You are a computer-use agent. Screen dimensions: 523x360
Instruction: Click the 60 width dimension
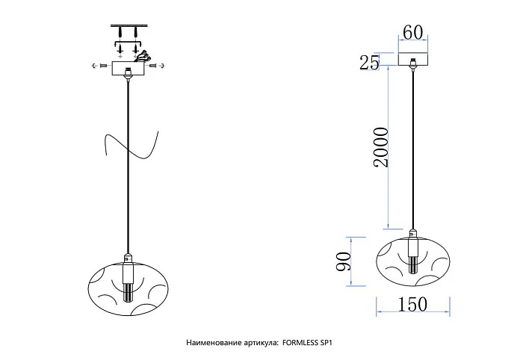tap(412, 32)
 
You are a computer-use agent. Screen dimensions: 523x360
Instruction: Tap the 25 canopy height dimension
tap(370, 62)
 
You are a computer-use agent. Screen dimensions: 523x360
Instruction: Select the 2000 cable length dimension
tap(381, 147)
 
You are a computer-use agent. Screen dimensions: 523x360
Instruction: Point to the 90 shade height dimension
tap(344, 261)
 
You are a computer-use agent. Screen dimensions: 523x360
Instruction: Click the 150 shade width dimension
tap(412, 304)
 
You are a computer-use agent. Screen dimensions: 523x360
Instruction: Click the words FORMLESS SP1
tap(307, 342)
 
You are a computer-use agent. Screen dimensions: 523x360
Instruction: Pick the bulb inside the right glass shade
tap(413, 264)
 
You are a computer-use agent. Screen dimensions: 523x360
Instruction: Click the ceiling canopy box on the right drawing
tap(413, 59)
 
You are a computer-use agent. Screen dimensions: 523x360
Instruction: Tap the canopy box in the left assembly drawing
tap(128, 69)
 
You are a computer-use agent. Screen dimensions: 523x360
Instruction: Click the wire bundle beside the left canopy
tap(143, 56)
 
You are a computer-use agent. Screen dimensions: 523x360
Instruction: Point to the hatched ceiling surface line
tap(128, 25)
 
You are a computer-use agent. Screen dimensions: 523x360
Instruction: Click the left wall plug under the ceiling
tap(120, 33)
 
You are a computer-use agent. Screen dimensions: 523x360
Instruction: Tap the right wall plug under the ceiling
tap(136, 33)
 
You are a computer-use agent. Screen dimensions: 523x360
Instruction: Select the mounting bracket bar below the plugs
tap(128, 43)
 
